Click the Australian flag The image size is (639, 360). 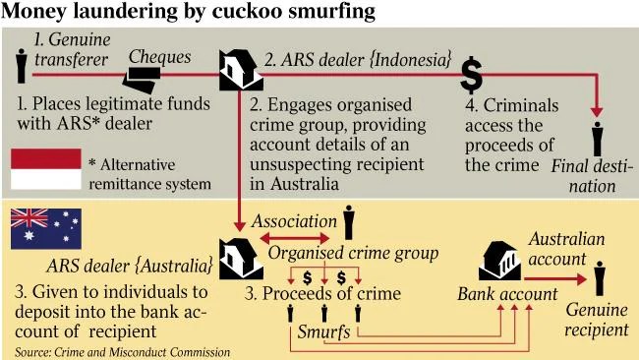click(46, 229)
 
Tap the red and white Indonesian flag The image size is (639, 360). click(46, 169)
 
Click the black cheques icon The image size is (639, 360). click(142, 80)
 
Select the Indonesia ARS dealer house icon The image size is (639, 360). click(241, 70)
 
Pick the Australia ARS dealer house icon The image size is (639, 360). click(241, 259)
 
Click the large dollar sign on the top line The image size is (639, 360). click(472, 75)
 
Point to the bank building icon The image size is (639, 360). click(499, 261)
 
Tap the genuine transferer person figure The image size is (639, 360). click(21, 66)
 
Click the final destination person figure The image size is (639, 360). click(598, 139)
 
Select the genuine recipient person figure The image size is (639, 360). click(600, 278)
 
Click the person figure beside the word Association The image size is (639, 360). click(348, 222)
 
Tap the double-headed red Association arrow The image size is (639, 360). click(295, 238)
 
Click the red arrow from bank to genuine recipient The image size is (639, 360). click(555, 279)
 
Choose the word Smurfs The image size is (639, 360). click(323, 331)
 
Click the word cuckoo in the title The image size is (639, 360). click(248, 12)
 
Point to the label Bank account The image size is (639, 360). click(507, 294)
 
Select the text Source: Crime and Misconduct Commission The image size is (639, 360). click(122, 352)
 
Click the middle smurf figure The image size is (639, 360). click(324, 313)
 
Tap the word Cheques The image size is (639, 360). click(159, 57)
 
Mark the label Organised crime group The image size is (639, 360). click(353, 254)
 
